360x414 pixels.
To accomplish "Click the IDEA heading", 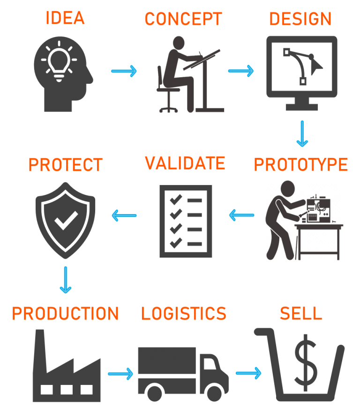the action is [x=65, y=18].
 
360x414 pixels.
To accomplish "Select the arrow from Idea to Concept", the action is [x=124, y=71].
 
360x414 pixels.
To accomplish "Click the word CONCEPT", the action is [x=183, y=19].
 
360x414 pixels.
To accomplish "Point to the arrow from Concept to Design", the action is [x=241, y=71].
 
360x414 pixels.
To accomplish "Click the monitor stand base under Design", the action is [x=301, y=107].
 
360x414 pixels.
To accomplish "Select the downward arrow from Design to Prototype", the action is [x=302, y=134].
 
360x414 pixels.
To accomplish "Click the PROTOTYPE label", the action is [x=300, y=164].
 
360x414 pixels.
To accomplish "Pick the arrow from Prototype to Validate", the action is [x=241, y=215].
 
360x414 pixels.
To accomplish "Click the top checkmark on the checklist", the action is [x=176, y=200].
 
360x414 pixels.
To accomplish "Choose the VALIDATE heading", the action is [x=185, y=163].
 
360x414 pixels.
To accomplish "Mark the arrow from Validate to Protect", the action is [x=124, y=215].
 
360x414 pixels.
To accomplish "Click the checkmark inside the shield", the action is [x=66, y=221].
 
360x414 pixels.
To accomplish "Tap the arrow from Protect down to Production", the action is [x=66, y=280].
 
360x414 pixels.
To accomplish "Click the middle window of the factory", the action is [x=67, y=390].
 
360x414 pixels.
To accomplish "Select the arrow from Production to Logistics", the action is [x=120, y=374].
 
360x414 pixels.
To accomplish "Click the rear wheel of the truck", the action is [x=154, y=393].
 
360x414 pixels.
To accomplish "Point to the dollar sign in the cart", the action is [x=306, y=362].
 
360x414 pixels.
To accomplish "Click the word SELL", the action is [x=301, y=313].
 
